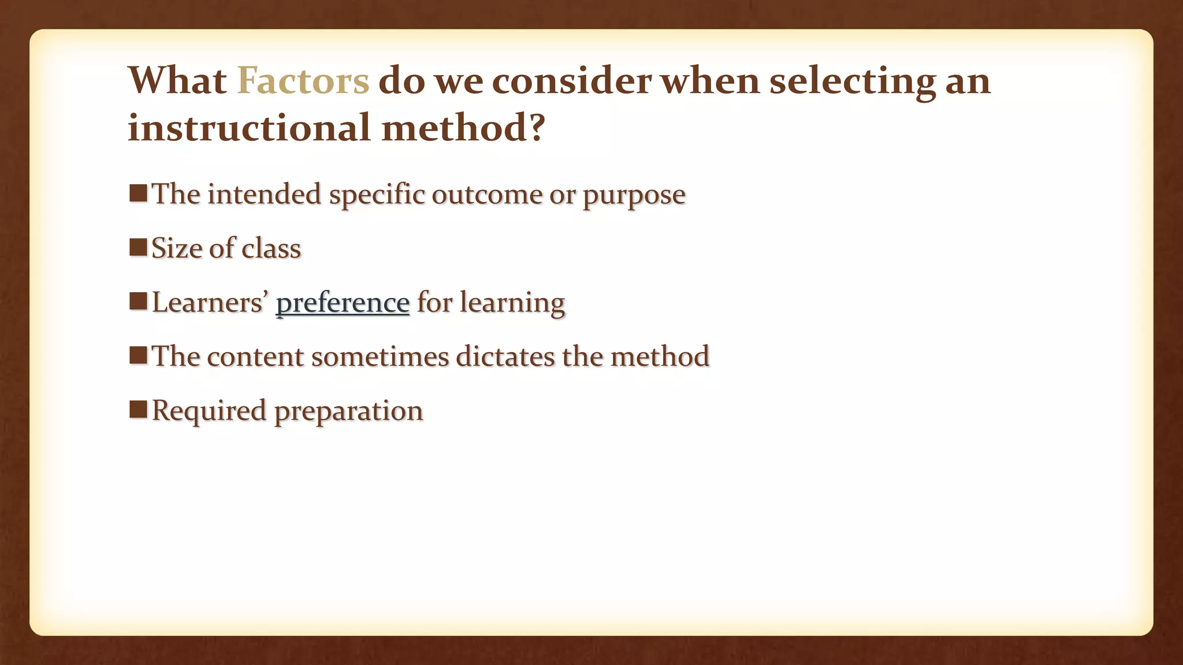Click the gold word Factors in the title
coord(303,81)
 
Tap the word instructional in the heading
coord(248,128)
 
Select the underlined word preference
coord(343,302)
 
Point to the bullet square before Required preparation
coord(138,409)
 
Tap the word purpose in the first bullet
coord(634,195)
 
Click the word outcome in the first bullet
coord(486,195)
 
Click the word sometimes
coord(380,356)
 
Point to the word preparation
coord(348,411)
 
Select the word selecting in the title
coord(852,81)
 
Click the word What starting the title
coord(177,81)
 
